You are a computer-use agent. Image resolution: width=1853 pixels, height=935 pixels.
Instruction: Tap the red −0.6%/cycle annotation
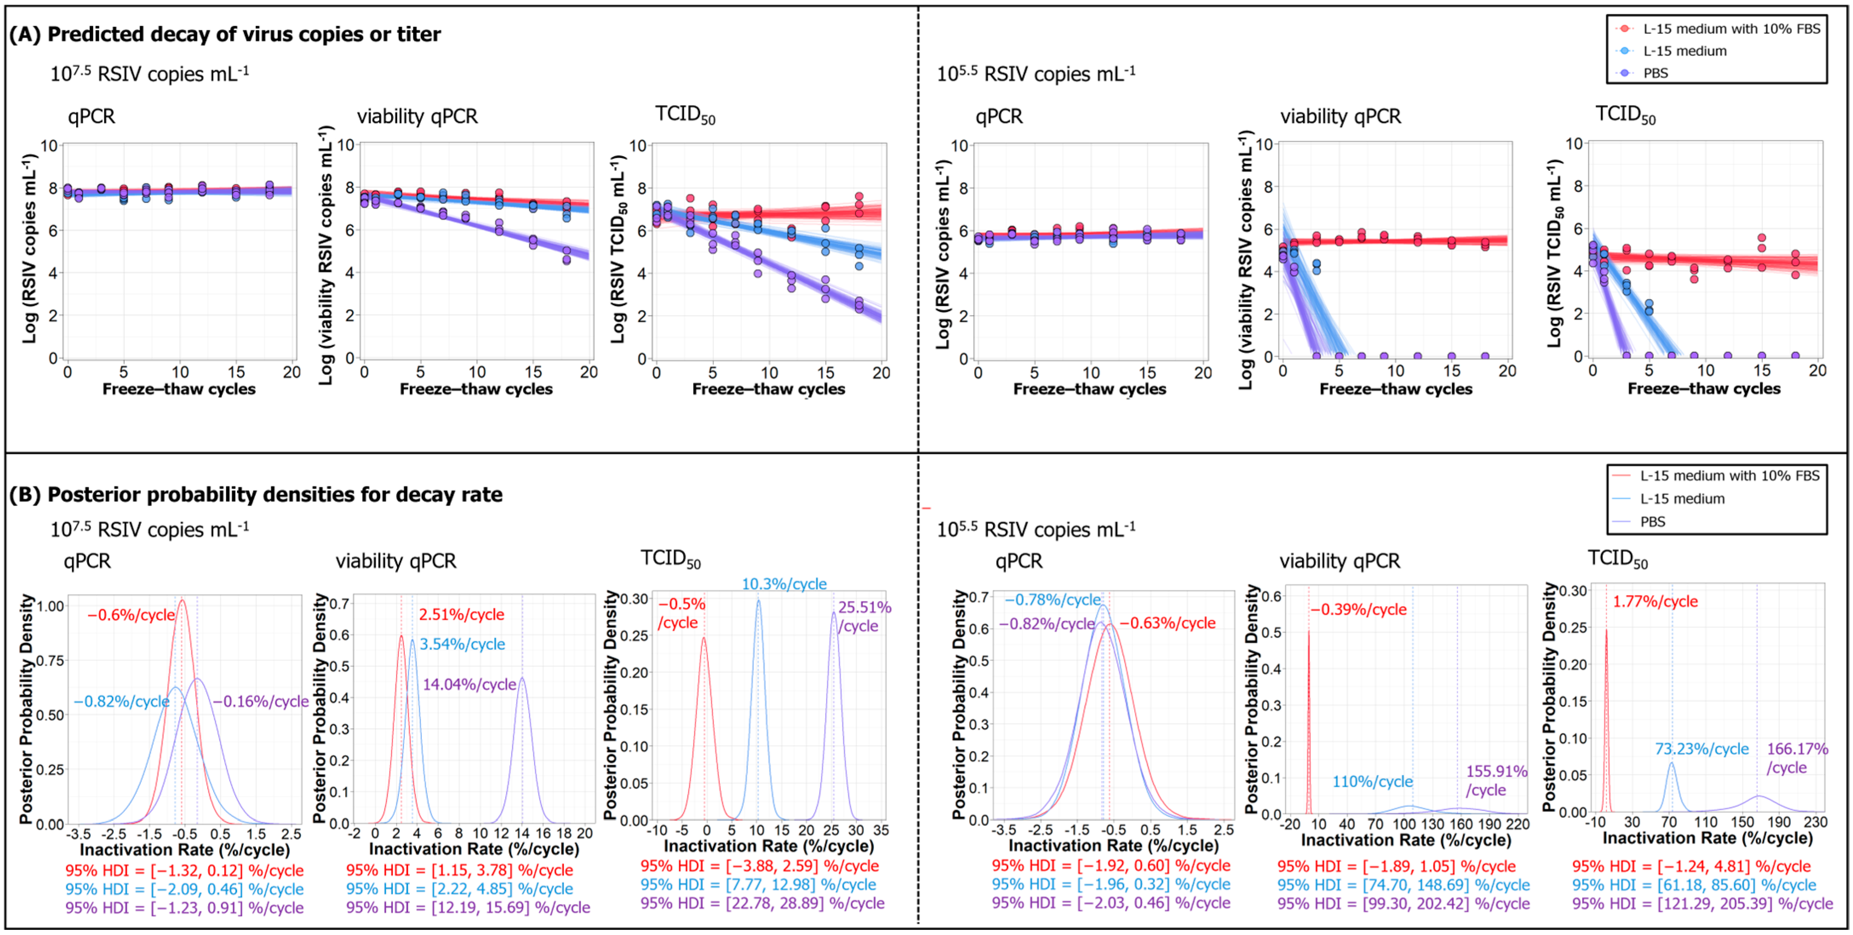coord(131,615)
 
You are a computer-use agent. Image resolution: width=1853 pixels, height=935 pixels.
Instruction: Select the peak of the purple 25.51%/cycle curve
coord(834,613)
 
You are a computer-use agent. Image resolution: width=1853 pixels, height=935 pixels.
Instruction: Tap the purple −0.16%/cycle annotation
coord(260,701)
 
